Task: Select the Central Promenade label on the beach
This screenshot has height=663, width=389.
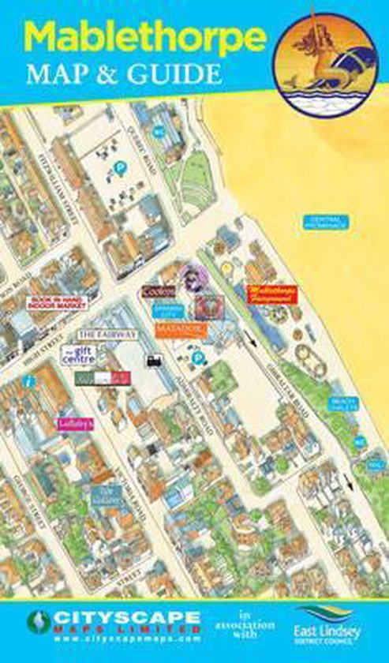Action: (328, 223)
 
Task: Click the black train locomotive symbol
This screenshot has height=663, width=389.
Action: (151, 360)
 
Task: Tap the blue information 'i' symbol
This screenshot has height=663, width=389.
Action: (28, 381)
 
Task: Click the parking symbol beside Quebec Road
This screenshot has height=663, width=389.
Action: (121, 167)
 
